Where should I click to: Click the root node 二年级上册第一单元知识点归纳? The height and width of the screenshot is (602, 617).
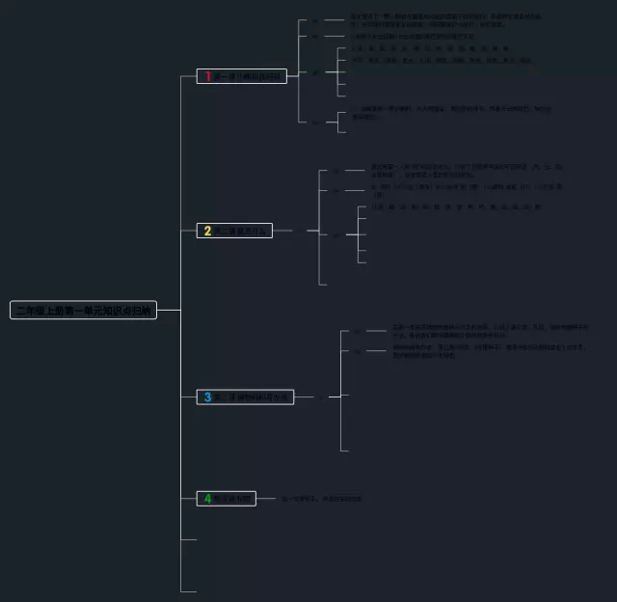(83, 310)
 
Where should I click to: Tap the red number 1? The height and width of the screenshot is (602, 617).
(207, 75)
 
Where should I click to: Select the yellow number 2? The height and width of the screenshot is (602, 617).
(207, 231)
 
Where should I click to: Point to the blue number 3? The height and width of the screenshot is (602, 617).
(207, 397)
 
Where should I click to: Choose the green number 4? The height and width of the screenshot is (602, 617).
(207, 498)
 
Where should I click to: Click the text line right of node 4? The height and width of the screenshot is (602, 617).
(322, 499)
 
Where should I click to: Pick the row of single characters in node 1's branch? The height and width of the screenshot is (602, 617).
(430, 47)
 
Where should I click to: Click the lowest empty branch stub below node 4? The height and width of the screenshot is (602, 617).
(189, 590)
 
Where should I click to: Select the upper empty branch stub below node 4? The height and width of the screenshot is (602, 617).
(189, 539)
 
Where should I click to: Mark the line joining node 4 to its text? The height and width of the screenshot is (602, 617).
(267, 499)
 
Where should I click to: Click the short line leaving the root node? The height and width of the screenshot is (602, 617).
(169, 310)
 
